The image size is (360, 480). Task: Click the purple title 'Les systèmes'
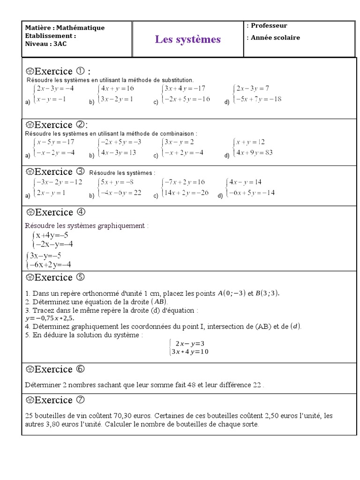[187, 39]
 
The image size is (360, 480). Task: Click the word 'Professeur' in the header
[269, 26]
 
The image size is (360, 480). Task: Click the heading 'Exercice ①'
[58, 71]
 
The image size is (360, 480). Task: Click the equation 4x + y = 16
[117, 88]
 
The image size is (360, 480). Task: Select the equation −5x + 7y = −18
[259, 99]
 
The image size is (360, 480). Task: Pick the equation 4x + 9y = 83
[255, 152]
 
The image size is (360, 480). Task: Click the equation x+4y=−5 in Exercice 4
[52, 235]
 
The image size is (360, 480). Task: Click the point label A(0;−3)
[232, 293]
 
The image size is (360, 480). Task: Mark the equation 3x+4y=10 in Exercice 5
[190, 352]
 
